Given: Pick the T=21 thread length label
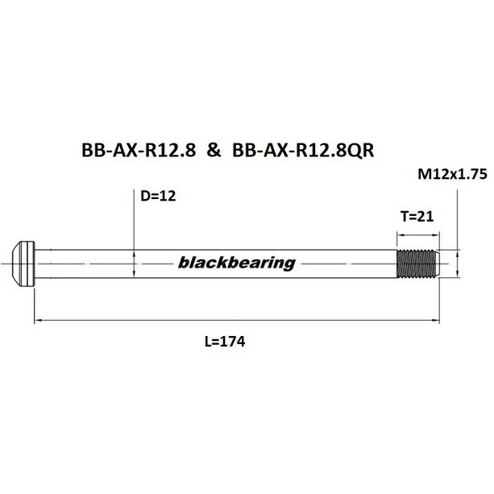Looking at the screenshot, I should tap(417, 216).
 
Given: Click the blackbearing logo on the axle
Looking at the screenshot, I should tap(235, 263).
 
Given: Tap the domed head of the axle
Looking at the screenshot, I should tap(24, 263).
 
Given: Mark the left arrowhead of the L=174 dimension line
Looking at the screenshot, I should tap(39, 321).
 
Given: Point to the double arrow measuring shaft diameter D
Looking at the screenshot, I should tap(134, 263).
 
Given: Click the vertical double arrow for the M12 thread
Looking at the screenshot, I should tap(458, 263).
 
